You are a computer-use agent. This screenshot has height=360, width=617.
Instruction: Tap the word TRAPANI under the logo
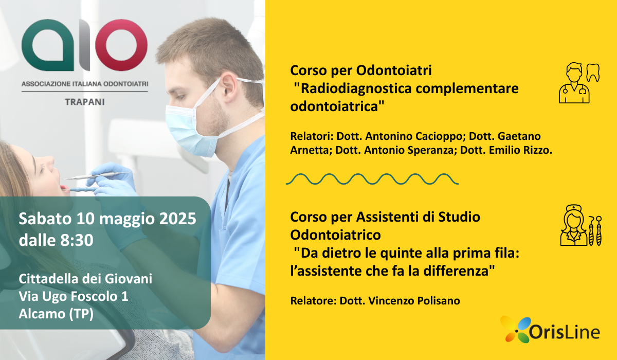tap(85, 102)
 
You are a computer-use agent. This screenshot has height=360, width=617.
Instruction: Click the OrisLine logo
tap(550, 329)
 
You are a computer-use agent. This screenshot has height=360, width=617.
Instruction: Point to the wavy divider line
tap(372, 179)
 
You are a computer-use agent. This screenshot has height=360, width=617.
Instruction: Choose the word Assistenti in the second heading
tap(378, 217)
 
